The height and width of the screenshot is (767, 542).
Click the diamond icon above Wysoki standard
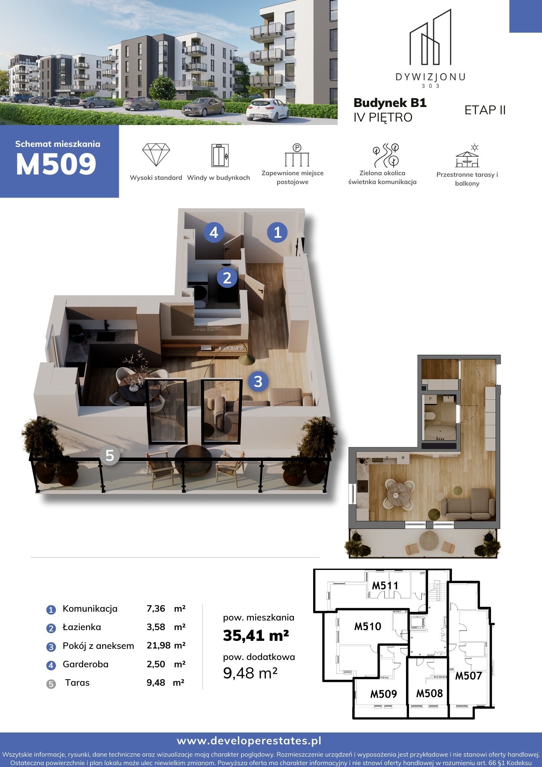pos(156,155)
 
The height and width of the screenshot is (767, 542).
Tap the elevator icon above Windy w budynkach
pos(220,155)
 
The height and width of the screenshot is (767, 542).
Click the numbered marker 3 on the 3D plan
pos(258,381)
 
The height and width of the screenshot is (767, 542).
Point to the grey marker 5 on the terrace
pos(110,455)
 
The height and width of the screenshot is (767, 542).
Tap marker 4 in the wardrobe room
pos(214,232)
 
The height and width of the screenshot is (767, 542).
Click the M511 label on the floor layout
pos(385,586)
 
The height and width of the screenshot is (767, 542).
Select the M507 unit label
pos(468,676)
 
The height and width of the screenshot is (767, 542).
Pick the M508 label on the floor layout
pos(429,693)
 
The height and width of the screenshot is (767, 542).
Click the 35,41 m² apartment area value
pos(256,636)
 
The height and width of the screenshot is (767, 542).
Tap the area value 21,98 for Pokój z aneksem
pos(158,645)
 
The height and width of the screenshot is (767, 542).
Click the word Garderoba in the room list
pos(85,664)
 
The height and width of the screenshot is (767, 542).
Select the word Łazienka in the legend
pos(82,627)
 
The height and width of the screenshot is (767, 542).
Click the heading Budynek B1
pos(390,103)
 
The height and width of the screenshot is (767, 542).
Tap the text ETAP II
pos(485,110)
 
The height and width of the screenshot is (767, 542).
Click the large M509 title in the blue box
pos(56,164)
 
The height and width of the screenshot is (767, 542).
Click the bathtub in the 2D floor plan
pos(440,432)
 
